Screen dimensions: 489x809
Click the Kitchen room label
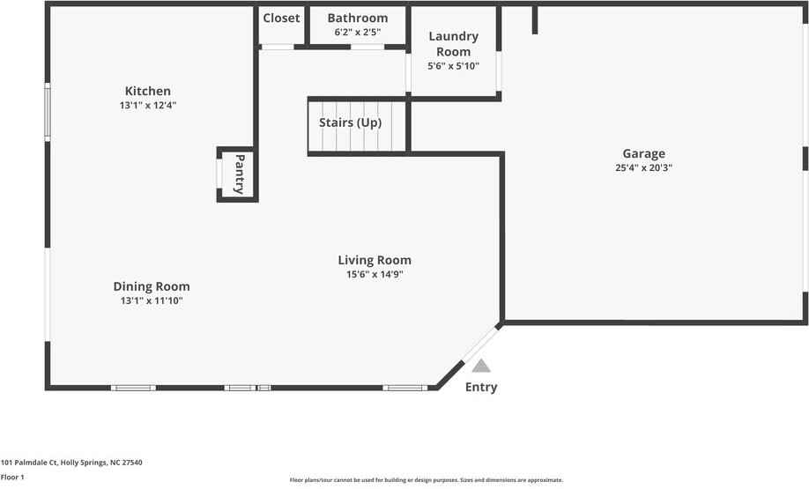click(148, 91)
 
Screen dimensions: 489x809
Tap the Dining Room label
click(152, 286)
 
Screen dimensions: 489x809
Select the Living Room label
click(375, 260)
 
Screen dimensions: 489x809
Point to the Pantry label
click(239, 174)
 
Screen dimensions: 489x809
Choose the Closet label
click(281, 18)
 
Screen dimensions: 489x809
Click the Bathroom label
click(357, 18)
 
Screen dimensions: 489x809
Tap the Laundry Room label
click(453, 43)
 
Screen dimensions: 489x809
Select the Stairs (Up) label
click(350, 122)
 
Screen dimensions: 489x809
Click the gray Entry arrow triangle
click(480, 365)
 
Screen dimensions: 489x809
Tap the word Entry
click(481, 387)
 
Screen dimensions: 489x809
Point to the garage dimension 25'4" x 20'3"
click(644, 167)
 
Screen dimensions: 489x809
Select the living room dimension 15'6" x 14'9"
click(375, 274)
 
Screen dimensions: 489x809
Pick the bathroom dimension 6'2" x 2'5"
click(357, 32)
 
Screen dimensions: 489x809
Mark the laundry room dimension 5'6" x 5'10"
click(453, 66)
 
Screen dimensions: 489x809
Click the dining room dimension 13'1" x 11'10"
click(152, 300)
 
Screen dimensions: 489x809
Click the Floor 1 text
click(12, 477)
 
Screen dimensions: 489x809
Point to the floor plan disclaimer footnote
click(426, 480)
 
